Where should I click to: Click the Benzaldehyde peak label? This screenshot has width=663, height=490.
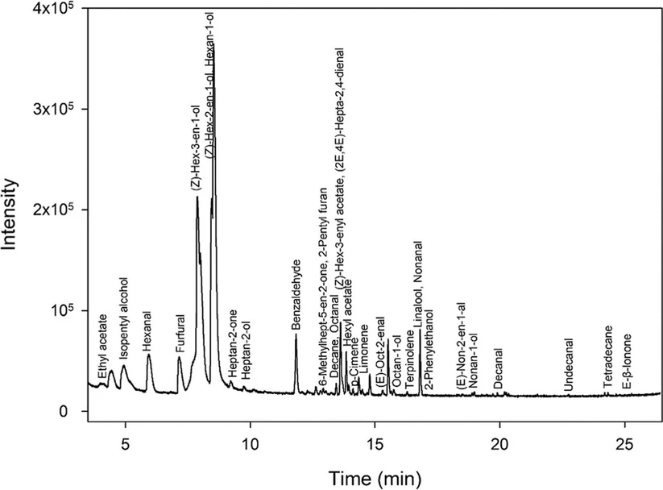(296, 294)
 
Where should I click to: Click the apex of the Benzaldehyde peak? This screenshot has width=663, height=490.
(296, 334)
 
